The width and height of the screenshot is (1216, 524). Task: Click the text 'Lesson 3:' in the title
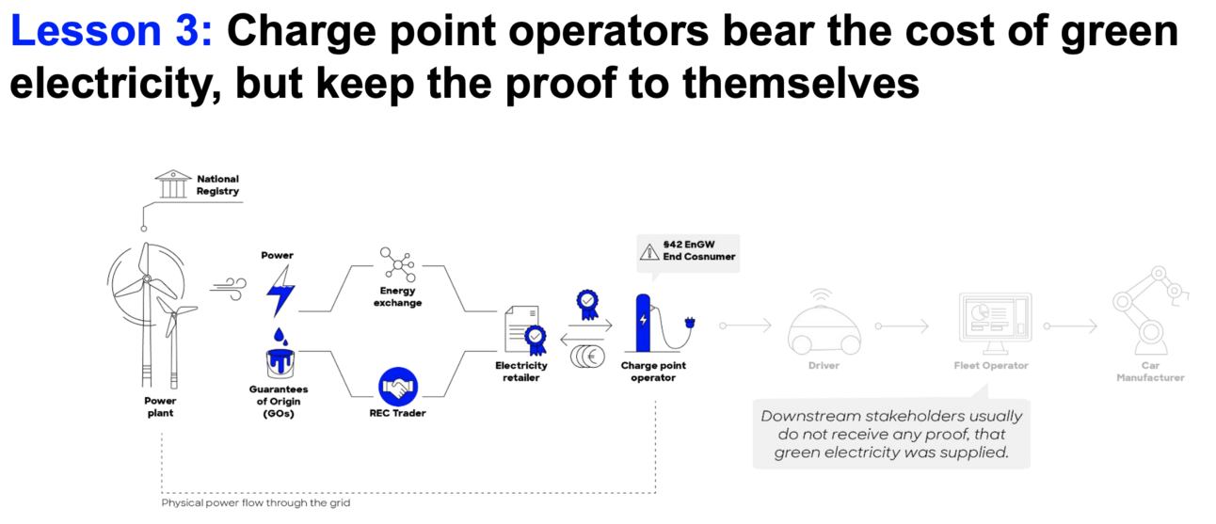click(x=111, y=33)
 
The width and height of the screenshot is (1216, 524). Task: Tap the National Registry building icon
click(x=170, y=184)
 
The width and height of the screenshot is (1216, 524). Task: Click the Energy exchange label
click(x=397, y=297)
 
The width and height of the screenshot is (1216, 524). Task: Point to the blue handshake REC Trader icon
click(x=397, y=386)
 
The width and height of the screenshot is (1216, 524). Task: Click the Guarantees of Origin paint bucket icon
click(x=280, y=361)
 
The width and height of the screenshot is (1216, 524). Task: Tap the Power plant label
click(x=160, y=406)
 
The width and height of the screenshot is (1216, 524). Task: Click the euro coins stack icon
click(x=588, y=357)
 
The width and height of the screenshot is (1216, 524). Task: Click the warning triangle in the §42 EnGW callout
click(x=648, y=250)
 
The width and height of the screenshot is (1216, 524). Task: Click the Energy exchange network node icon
click(x=397, y=264)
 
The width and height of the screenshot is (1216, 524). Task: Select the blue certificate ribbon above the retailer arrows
click(x=588, y=304)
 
